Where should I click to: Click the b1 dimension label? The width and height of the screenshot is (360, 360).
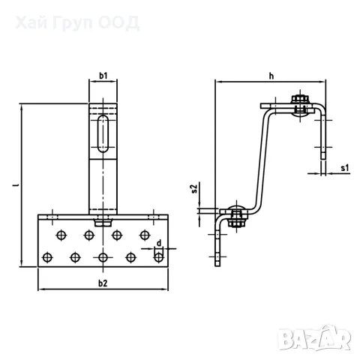tap(103, 76)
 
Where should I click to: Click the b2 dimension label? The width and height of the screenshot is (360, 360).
tap(103, 283)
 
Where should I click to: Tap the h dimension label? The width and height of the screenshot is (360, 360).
tap(271, 76)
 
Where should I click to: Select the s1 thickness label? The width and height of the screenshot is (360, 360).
tap(345, 168)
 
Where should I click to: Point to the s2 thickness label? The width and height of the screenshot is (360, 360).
tap(194, 188)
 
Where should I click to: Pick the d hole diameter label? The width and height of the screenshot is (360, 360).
tap(159, 243)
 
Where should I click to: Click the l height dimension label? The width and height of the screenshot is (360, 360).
tap(16, 185)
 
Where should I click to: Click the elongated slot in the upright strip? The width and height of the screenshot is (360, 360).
tap(103, 133)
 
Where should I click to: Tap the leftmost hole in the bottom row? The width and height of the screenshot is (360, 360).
tap(47, 257)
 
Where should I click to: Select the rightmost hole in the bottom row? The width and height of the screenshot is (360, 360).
tap(159, 257)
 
